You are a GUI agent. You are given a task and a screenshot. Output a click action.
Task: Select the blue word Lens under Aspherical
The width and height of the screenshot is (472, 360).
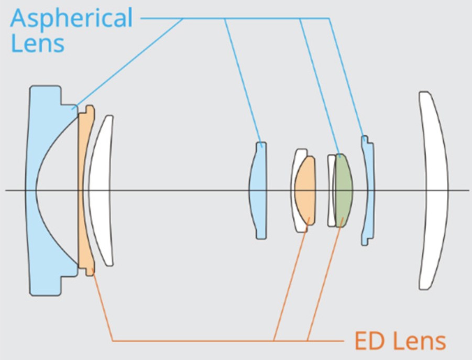pyautogui.click(x=37, y=43)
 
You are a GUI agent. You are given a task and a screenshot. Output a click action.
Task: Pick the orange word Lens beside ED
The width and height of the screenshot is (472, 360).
pyautogui.click(x=419, y=341)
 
